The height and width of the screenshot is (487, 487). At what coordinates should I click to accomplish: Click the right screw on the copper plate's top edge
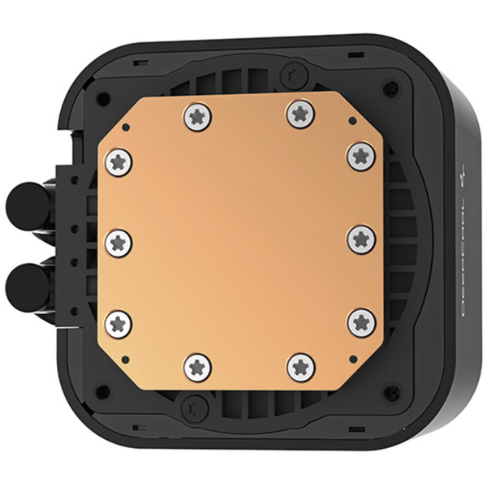[300, 114]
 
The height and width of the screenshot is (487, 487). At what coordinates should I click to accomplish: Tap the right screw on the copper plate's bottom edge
[301, 366]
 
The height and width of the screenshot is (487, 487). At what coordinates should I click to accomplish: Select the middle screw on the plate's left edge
[119, 241]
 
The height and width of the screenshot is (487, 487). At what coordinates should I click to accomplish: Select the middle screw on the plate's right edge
[360, 239]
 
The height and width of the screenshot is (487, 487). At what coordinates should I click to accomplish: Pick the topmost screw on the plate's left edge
[119, 163]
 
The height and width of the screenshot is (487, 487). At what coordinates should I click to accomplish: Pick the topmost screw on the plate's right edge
[360, 155]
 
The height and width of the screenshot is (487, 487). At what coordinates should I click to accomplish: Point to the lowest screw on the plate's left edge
[119, 322]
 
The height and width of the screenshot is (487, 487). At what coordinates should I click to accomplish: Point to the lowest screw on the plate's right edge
[361, 322]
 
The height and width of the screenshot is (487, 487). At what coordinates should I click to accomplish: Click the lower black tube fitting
[24, 284]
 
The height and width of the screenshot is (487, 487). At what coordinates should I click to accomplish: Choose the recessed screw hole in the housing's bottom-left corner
[103, 391]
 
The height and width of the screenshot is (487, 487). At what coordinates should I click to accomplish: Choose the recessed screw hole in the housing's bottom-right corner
[390, 391]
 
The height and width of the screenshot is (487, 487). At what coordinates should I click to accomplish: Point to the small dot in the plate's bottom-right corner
[352, 356]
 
